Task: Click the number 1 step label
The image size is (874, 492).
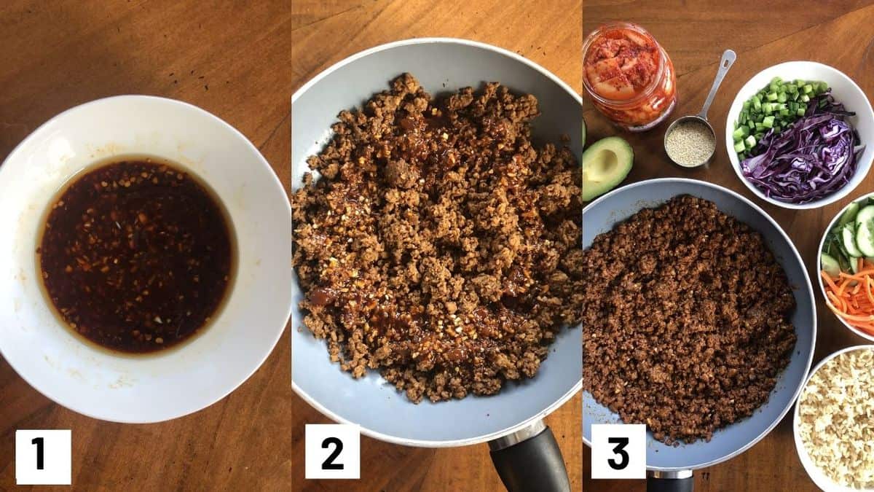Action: pyautogui.click(x=43, y=457)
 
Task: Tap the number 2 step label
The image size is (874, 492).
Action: pyautogui.click(x=332, y=451)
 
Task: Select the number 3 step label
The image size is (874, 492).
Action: pyautogui.click(x=618, y=451)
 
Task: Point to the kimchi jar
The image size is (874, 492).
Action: pyautogui.click(x=629, y=76)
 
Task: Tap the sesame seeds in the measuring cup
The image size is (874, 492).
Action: pyautogui.click(x=690, y=144)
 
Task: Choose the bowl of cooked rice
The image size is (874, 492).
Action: pyautogui.click(x=835, y=420)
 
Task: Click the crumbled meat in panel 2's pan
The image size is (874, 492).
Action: pyautogui.click(x=437, y=238)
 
